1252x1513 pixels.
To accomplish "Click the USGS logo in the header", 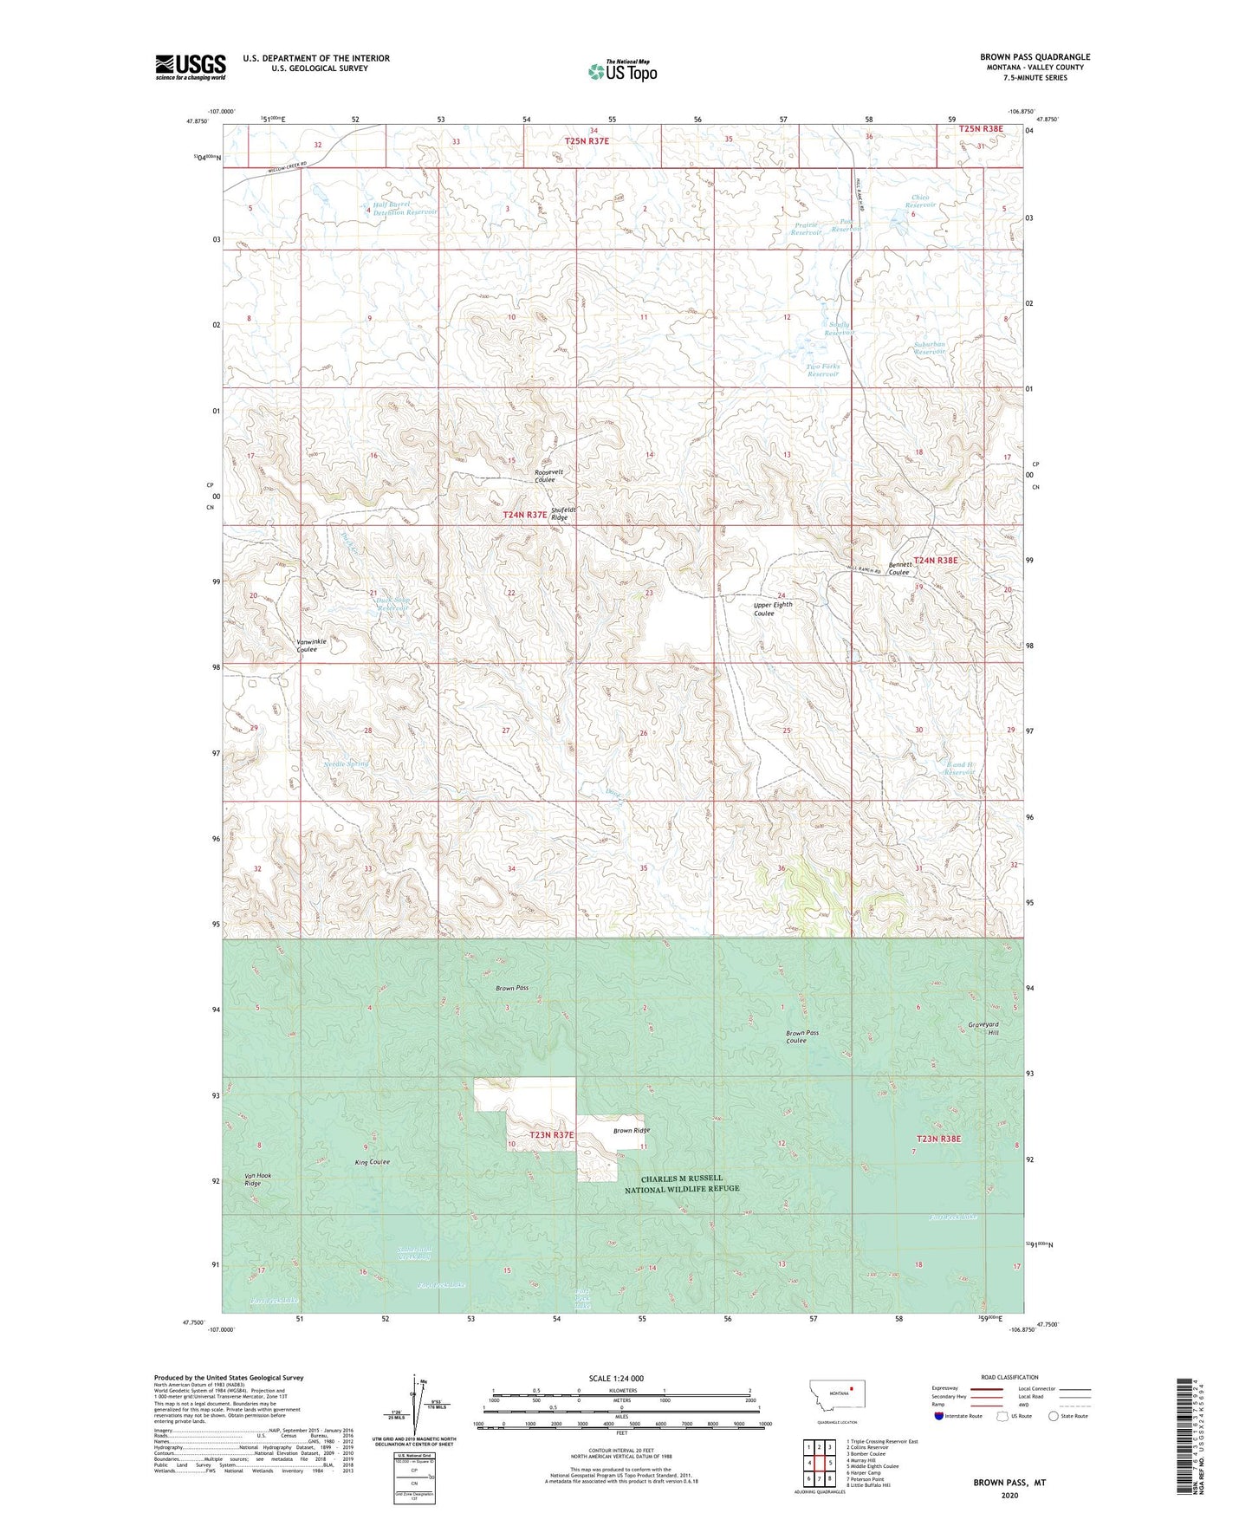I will tap(191, 66).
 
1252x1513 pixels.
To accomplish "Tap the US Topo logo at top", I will tap(622, 71).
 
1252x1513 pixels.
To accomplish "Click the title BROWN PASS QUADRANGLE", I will tap(1035, 57).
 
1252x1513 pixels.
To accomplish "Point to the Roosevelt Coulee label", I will tap(549, 476).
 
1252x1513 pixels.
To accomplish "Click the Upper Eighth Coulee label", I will tap(772, 608).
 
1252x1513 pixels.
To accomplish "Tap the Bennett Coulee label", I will tap(898, 568).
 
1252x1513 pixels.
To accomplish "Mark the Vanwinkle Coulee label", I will tap(312, 645).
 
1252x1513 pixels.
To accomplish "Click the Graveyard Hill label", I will tap(983, 1029).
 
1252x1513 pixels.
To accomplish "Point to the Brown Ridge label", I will tap(631, 1130).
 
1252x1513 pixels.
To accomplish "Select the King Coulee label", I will tap(373, 1161).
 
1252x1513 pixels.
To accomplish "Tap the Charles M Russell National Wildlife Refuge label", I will tap(682, 1184).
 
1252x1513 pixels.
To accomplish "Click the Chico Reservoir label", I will tap(920, 201).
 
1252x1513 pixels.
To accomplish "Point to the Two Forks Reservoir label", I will tap(823, 370).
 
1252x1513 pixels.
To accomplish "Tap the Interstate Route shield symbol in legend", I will tap(940, 1416).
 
